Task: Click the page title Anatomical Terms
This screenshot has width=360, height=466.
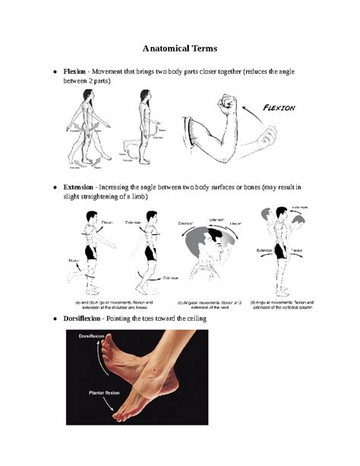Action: point(180,48)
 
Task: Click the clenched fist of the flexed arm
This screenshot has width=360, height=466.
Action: point(226,103)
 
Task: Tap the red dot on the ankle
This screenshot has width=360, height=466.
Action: point(156,369)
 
